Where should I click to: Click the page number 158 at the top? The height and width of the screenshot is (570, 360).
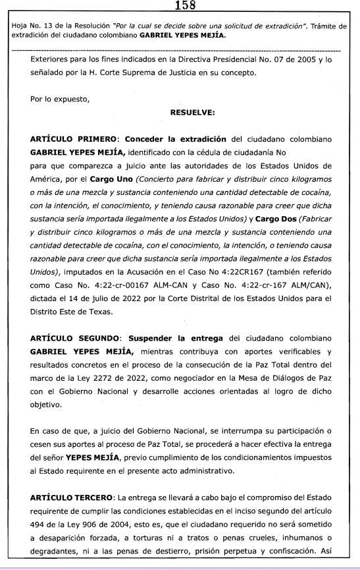[x=180, y=7]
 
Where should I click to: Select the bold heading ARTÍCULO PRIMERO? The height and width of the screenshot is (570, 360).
[x=74, y=139]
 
